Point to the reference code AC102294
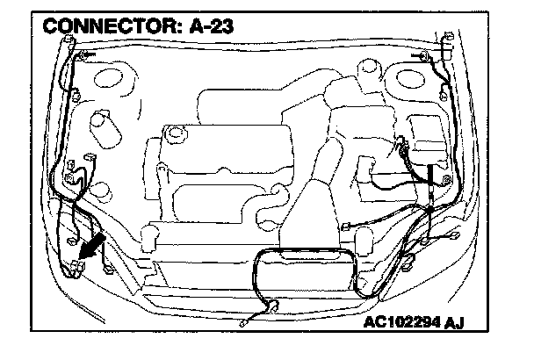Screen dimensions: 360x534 (x=405, y=321)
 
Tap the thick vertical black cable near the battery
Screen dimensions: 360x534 (x=429, y=176)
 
